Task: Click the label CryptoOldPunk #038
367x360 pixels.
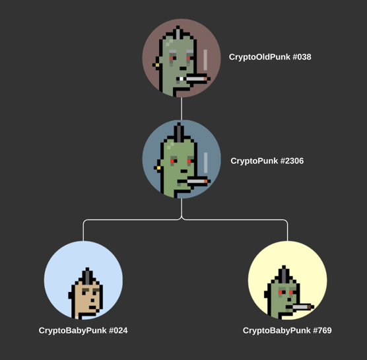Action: pos(270,57)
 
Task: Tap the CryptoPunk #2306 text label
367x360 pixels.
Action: pos(267,161)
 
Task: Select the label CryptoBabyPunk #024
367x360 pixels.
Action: pos(83,330)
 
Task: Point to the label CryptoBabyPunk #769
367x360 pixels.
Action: pos(287,330)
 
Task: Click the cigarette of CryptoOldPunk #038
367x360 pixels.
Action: pos(197,79)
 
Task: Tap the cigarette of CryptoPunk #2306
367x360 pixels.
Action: pos(197,181)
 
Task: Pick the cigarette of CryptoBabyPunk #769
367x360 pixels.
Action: pos(302,306)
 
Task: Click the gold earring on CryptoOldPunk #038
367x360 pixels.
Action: pos(157,65)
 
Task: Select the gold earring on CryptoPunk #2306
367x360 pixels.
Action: pos(158,168)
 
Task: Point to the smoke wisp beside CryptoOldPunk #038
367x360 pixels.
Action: pos(205,59)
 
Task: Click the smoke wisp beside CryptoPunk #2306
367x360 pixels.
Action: pos(206,162)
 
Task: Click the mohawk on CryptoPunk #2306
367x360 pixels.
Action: pos(179,133)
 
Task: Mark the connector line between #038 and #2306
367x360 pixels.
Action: pos(182,109)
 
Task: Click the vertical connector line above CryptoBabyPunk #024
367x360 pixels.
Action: pos(83,231)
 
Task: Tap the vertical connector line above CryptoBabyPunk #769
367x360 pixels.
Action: pos(287,231)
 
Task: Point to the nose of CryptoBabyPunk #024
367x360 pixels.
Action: pos(92,300)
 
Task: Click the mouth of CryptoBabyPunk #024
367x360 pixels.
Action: pos(92,307)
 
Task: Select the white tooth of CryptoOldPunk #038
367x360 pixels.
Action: pos(182,79)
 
